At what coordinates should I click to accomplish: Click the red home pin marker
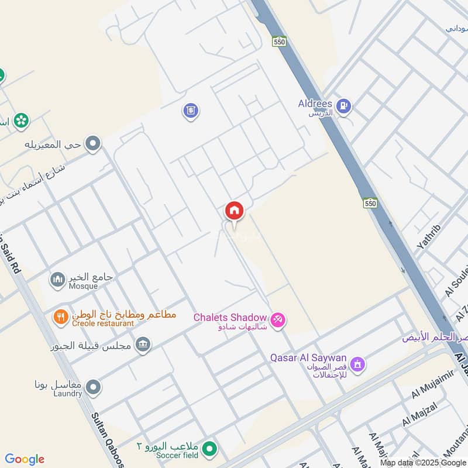click(x=234, y=210)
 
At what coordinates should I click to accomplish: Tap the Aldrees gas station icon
click(x=344, y=105)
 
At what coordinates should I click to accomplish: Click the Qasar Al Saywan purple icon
click(x=357, y=364)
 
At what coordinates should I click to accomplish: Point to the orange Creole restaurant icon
click(x=60, y=318)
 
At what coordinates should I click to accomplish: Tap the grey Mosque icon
click(x=57, y=280)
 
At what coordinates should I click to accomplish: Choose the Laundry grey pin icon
click(x=92, y=387)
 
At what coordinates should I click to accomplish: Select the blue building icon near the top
click(x=190, y=110)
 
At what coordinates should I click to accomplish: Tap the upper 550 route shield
click(x=279, y=42)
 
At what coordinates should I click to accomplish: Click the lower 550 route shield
click(x=369, y=203)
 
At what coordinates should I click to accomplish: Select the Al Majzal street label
click(x=418, y=414)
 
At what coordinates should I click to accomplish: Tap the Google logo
click(x=25, y=459)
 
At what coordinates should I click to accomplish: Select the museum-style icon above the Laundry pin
click(x=142, y=345)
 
